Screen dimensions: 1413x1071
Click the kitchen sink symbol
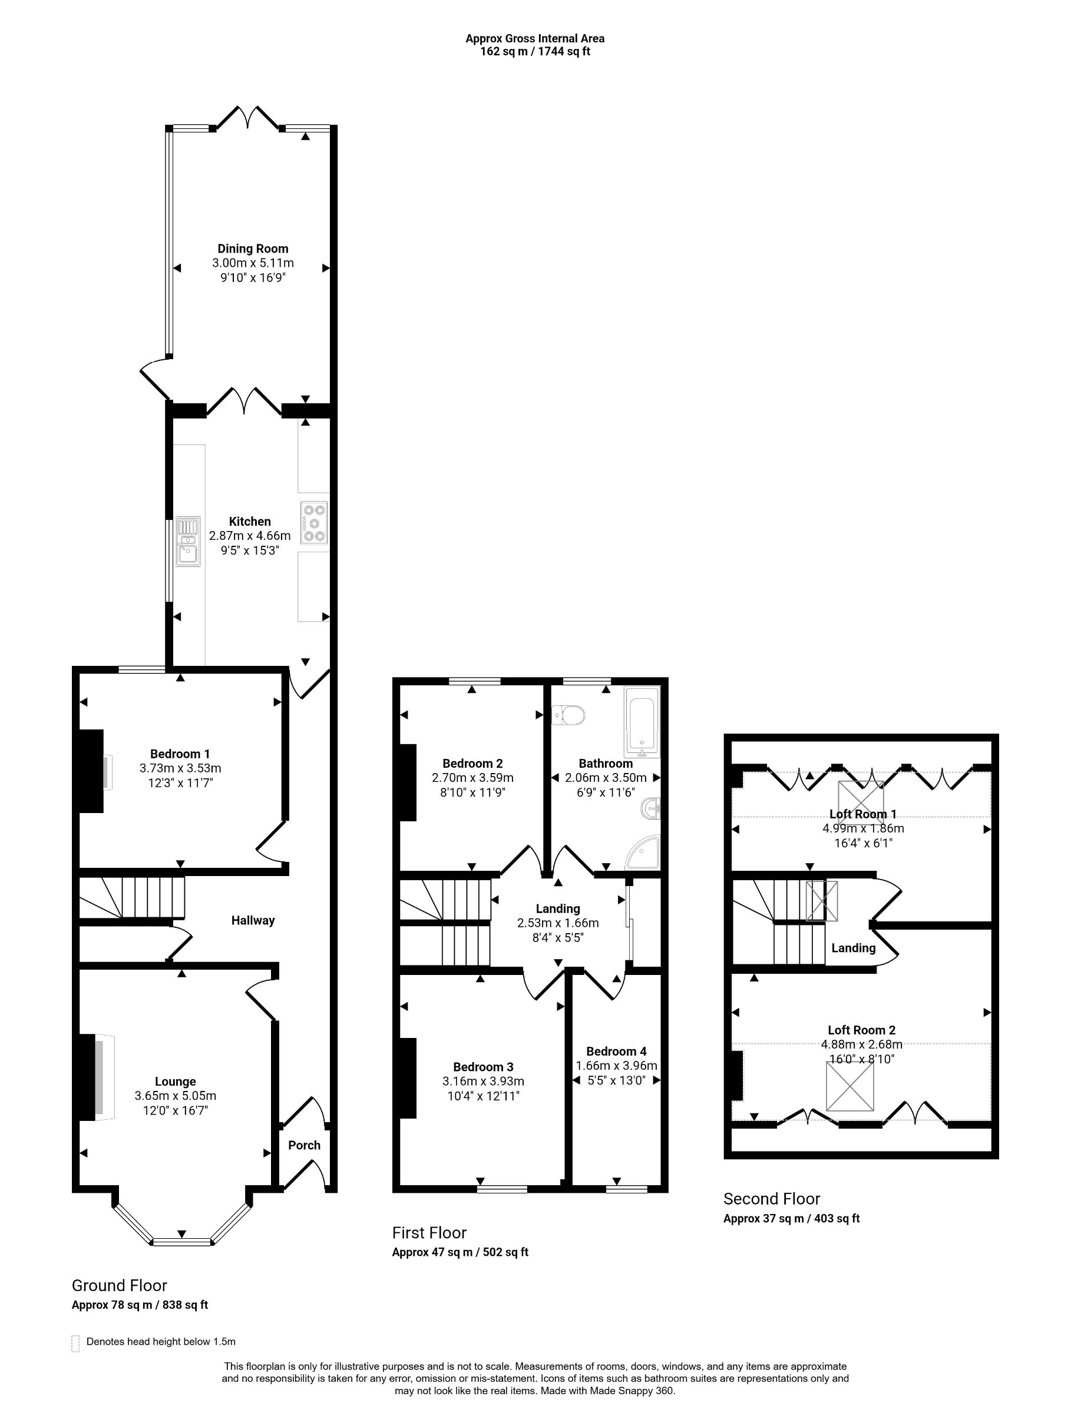pos(188,541)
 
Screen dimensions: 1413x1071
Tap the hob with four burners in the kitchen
pos(314,522)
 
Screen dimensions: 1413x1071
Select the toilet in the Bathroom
pos(568,714)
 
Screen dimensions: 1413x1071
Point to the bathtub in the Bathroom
pos(641,722)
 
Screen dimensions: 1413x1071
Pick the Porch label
pos(304,1145)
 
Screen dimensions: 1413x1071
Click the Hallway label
pos(253,920)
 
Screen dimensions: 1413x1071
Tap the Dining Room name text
pos(253,248)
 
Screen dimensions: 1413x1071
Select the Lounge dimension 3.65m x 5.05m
pos(175,1096)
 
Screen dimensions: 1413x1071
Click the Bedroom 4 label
pos(616,1051)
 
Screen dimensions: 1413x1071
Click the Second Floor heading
pos(771,1198)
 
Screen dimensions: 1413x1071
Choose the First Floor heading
pos(429,1232)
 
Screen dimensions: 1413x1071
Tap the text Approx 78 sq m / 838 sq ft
pos(140,1305)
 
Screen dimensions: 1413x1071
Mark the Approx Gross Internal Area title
pos(535,38)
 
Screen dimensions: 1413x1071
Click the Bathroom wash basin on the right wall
pos(651,809)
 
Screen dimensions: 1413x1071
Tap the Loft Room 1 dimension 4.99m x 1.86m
pos(862,828)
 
